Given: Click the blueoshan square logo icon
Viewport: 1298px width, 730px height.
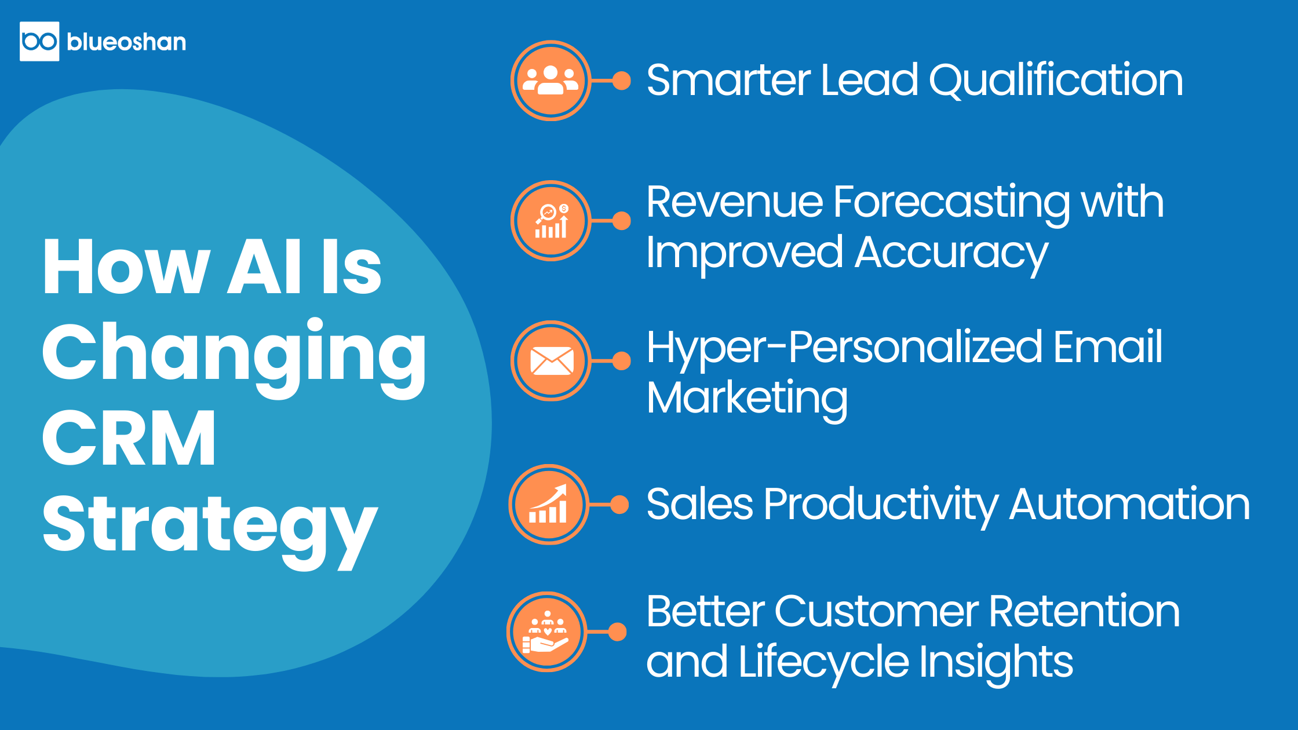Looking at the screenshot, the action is pos(39,41).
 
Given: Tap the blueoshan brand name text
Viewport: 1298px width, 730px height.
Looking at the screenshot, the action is pos(126,42).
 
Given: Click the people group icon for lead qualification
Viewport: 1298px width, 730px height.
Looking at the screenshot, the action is pos(550,81).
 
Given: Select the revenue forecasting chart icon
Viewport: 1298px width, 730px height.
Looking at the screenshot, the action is pos(550,221).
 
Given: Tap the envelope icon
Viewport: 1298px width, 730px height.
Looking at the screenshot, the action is pos(551,361).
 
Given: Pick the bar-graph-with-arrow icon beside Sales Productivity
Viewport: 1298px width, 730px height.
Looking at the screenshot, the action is pos(549,505).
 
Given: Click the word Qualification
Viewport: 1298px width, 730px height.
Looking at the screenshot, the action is pos(1056,81).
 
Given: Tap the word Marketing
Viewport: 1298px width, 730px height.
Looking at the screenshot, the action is pos(747,399).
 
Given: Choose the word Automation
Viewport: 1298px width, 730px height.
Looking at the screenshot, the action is pos(1129,505).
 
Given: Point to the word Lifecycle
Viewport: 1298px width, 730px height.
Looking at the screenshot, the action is pos(824,662).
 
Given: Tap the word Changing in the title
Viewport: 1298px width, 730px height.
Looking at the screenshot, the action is pos(234,356).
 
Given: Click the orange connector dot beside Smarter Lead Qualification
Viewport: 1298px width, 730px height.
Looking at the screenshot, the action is pos(622,81).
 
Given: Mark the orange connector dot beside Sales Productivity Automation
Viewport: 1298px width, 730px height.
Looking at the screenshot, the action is pos(619,505).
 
